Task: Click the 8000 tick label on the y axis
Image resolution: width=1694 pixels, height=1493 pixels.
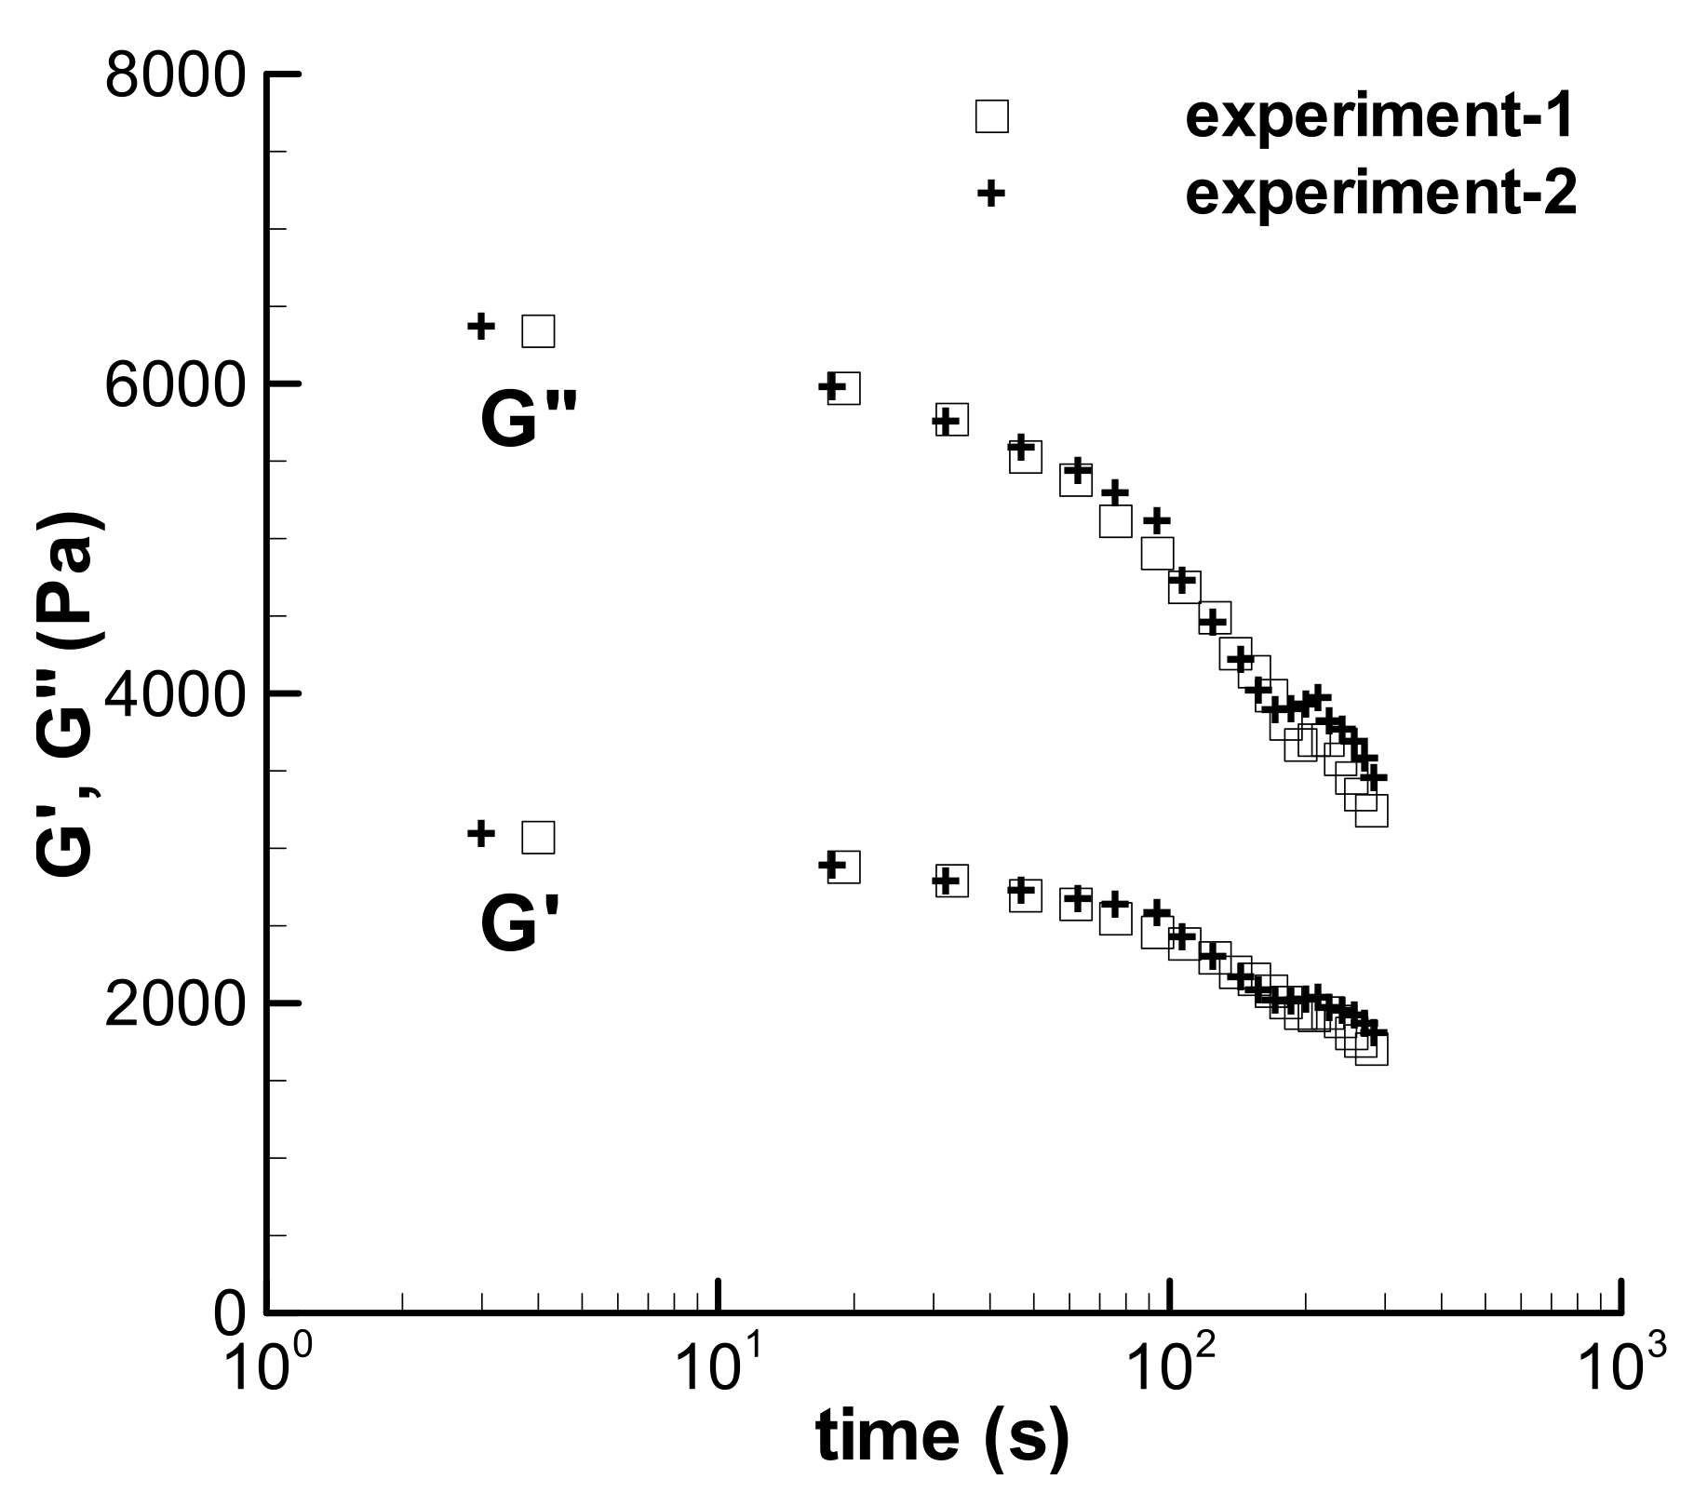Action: pos(174,74)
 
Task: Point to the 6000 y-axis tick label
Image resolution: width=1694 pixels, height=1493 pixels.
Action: pos(174,384)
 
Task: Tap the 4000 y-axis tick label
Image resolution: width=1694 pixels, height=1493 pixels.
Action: pos(174,694)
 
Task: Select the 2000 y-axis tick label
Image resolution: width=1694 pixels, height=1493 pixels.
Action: pos(174,1004)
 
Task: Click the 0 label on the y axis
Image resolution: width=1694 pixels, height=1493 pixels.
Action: pos(230,1314)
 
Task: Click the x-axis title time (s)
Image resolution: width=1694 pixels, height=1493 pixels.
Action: pos(943,1437)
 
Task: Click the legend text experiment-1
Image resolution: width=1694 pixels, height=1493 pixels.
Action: pos(1380,117)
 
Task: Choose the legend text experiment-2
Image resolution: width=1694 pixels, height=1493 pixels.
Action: pos(1380,194)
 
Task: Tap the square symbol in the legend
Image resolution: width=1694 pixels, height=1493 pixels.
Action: pos(991,117)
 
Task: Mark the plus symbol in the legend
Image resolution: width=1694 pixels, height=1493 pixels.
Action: pos(991,194)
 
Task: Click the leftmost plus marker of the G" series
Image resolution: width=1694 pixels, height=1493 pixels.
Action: pos(480,327)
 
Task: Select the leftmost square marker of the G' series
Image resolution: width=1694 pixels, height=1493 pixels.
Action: pos(538,838)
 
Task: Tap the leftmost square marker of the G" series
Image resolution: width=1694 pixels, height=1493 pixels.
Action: pos(538,330)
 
